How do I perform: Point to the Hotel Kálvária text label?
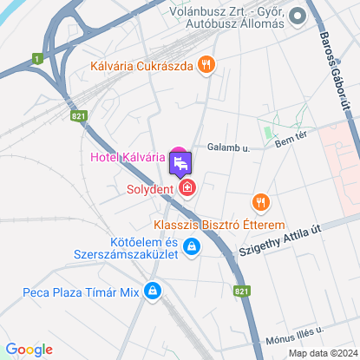(x=127, y=157)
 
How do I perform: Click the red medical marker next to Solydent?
(x=187, y=187)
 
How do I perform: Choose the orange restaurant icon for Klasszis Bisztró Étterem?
(x=262, y=202)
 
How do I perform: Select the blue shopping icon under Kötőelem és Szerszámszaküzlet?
(x=193, y=247)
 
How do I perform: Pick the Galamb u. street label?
(x=233, y=148)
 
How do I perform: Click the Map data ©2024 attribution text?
(x=321, y=352)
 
